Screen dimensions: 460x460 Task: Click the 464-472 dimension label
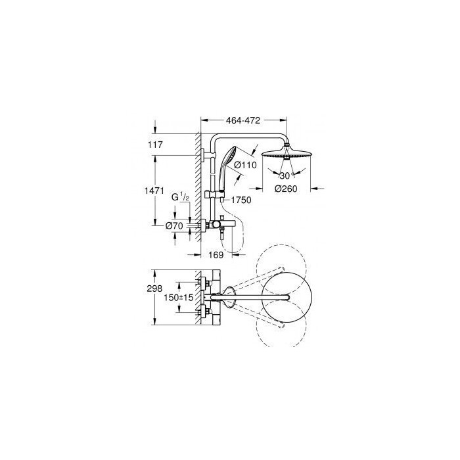(243, 120)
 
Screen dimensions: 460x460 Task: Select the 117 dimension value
(156, 145)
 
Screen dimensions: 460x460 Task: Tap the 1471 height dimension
(154, 191)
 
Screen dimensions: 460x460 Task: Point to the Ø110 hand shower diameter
(245, 165)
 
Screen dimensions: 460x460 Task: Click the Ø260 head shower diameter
(286, 189)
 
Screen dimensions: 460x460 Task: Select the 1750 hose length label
(241, 200)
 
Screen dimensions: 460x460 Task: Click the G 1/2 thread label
(180, 197)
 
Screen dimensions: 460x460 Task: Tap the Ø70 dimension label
(174, 225)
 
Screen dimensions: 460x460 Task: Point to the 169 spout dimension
(216, 255)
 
